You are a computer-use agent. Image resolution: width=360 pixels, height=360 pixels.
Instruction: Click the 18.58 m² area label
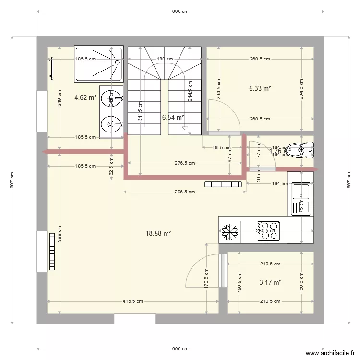click(x=158, y=234)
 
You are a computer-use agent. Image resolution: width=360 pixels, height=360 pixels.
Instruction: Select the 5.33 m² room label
click(x=260, y=88)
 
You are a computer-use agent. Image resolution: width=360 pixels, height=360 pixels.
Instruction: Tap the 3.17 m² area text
click(x=270, y=282)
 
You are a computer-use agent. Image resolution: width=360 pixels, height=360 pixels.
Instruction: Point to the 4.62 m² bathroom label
click(x=85, y=97)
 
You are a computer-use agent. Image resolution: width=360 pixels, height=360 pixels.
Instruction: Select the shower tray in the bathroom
click(x=99, y=64)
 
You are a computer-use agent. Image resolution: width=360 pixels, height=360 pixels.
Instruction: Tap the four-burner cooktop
click(x=268, y=230)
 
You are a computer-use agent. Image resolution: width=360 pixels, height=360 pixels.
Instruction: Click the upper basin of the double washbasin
click(x=111, y=96)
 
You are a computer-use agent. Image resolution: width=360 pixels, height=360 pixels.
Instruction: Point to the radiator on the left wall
click(x=52, y=252)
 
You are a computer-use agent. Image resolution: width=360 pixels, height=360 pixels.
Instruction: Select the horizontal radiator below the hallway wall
click(x=224, y=184)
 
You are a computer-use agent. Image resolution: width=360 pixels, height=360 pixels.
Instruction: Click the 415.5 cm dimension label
click(x=133, y=301)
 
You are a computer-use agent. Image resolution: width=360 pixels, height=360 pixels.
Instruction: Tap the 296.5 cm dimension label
click(x=184, y=192)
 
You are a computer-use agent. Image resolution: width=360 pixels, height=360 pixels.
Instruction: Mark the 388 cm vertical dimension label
click(x=59, y=235)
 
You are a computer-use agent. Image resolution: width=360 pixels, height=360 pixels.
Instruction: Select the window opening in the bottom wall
click(x=134, y=319)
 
